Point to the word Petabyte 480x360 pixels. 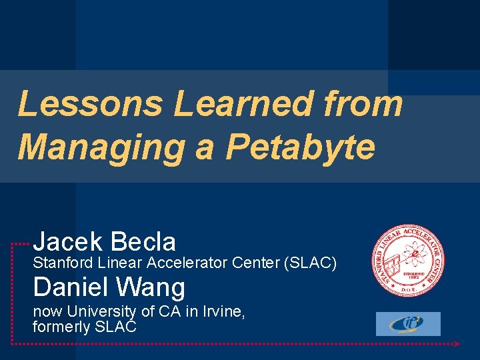300,146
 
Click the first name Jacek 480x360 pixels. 69,241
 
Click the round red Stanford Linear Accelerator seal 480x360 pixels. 408,259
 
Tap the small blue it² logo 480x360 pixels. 408,324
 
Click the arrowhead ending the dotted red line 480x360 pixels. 457,344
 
